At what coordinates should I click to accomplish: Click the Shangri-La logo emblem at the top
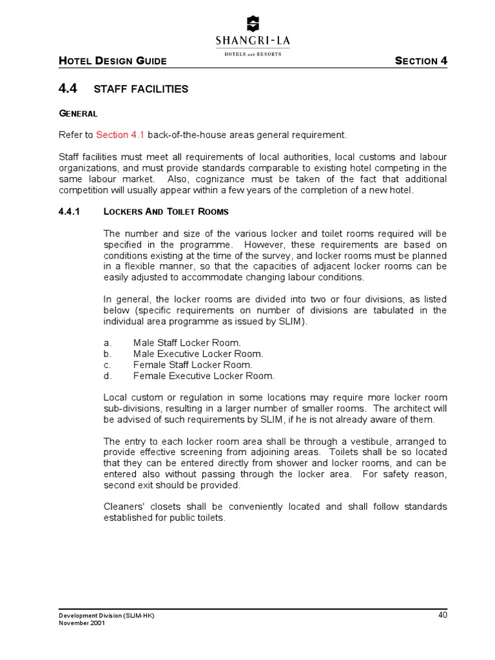click(253, 23)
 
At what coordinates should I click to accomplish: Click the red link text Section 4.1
click(121, 135)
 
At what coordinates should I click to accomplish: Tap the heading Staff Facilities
click(141, 89)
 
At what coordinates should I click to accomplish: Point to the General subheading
click(78, 113)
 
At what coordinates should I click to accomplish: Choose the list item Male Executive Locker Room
click(198, 354)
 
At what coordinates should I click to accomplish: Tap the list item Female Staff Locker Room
click(192, 365)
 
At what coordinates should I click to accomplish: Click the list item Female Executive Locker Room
click(204, 376)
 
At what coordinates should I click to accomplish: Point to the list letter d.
click(107, 376)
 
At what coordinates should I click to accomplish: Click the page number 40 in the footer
click(442, 614)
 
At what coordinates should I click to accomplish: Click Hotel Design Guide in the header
click(113, 61)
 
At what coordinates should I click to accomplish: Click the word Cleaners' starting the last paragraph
click(124, 506)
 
